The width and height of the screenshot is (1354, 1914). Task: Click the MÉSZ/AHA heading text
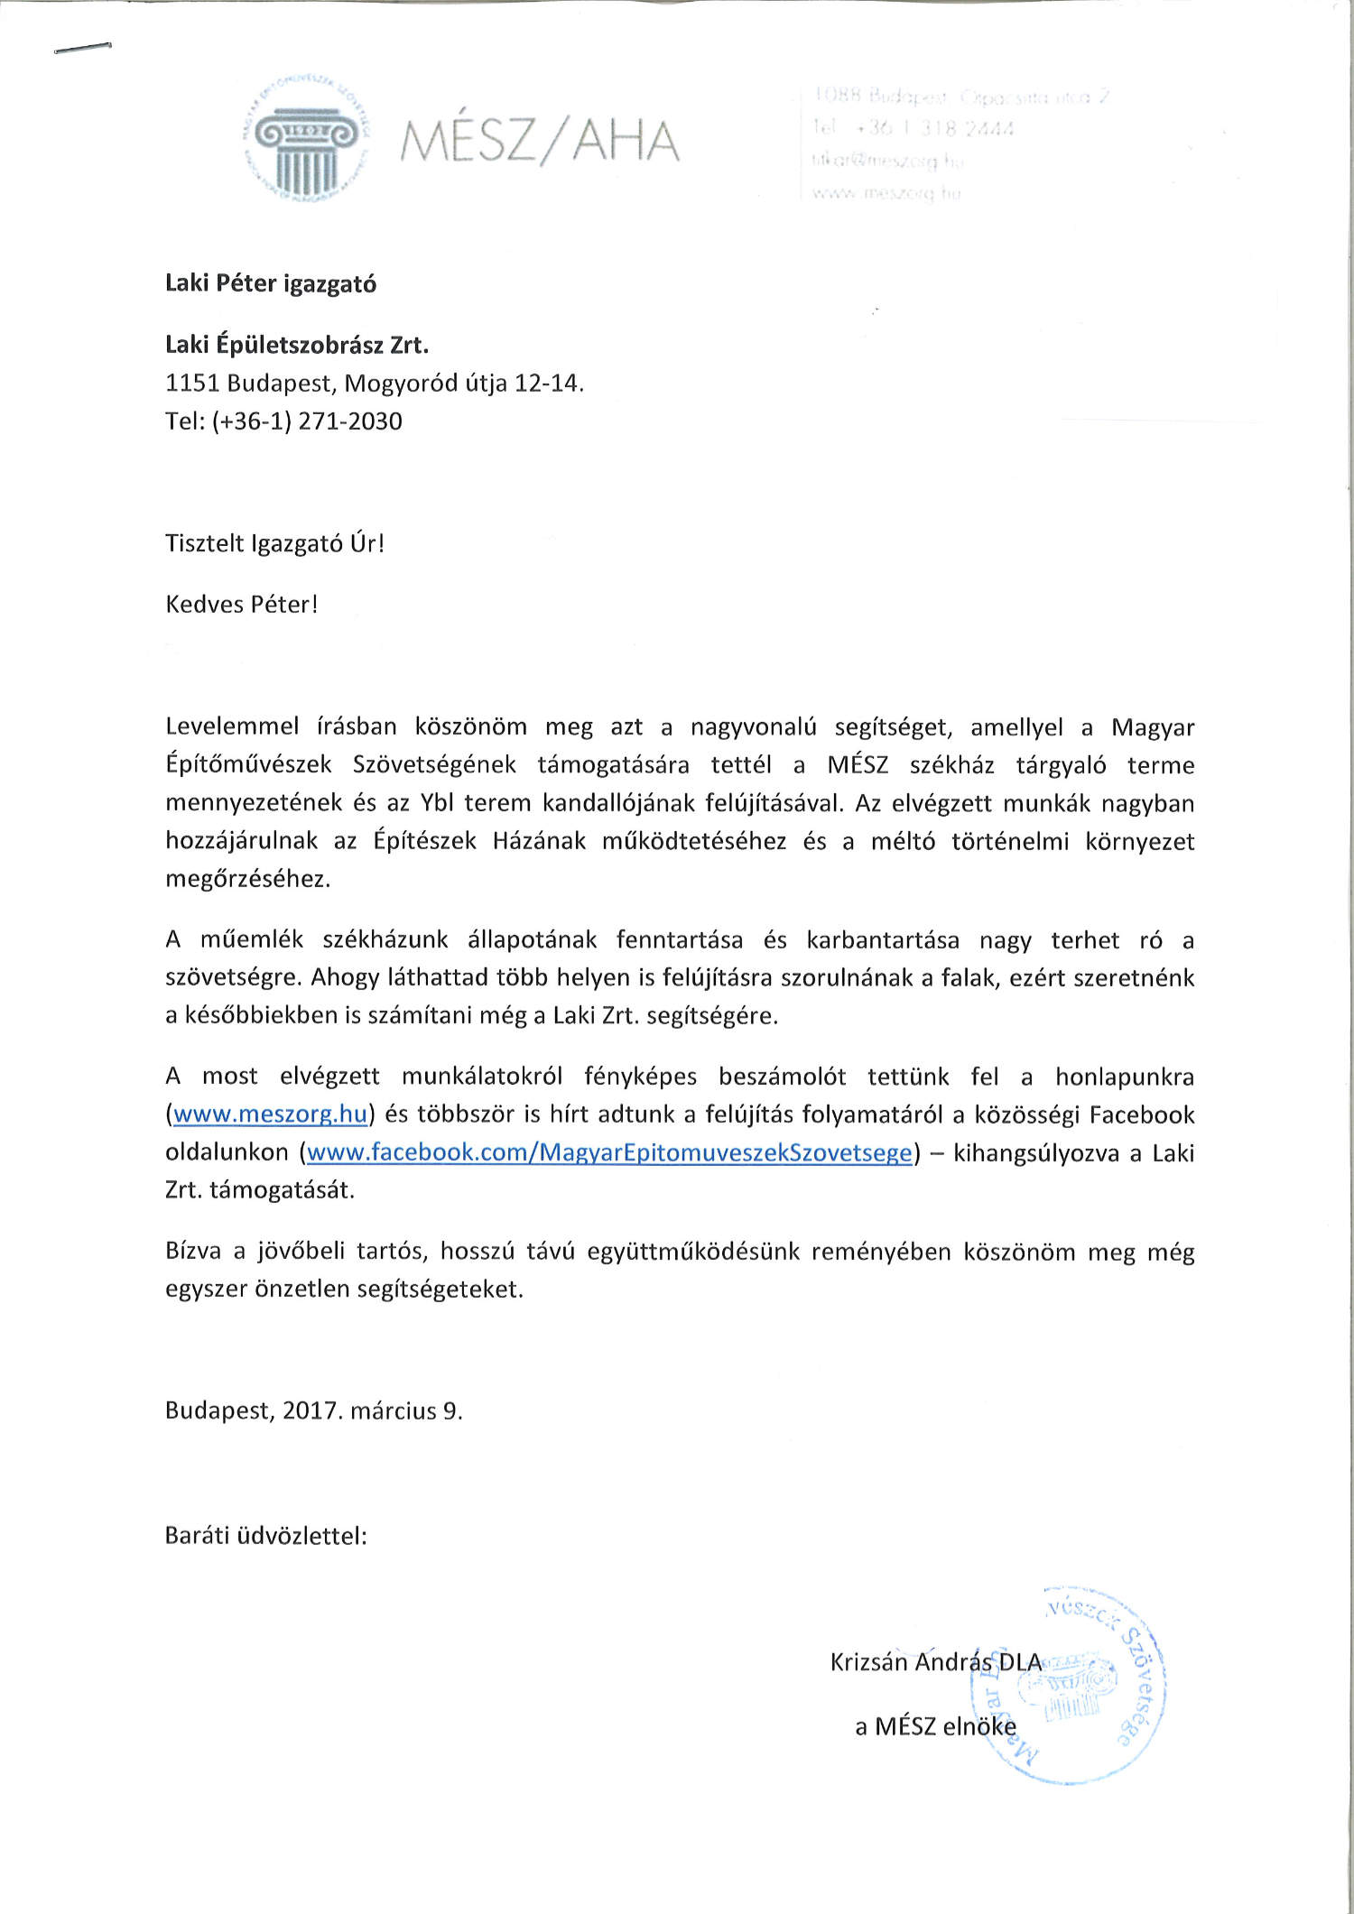point(540,142)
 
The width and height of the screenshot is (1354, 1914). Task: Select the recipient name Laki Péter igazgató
point(271,284)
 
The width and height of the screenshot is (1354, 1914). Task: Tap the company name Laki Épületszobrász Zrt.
point(297,345)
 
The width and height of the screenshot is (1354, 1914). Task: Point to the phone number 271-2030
point(350,421)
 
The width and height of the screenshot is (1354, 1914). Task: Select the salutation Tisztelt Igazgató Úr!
point(274,543)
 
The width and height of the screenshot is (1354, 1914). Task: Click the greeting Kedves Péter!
point(241,605)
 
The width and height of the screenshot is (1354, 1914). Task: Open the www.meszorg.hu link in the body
point(270,1115)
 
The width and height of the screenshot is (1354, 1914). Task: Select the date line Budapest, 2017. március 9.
point(313,1411)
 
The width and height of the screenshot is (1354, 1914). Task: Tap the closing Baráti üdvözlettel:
point(265,1536)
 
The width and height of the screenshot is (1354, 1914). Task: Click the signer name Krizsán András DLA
point(935,1662)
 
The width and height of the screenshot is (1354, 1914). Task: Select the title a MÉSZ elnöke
point(935,1726)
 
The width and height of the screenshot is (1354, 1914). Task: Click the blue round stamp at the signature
point(1079,1686)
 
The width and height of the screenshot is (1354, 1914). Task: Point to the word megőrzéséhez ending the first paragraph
point(247,880)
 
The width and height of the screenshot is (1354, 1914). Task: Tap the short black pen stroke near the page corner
point(82,48)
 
